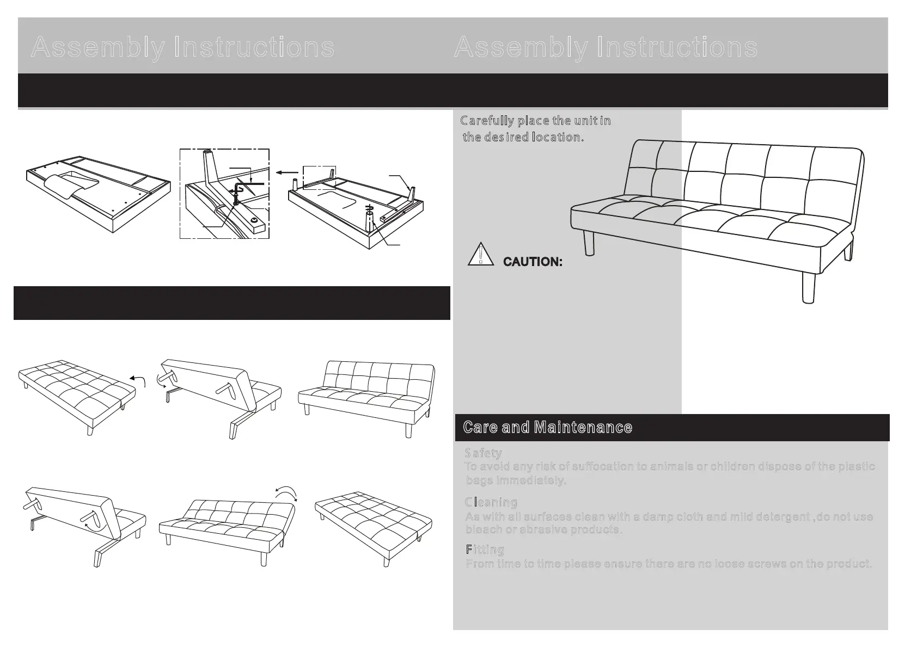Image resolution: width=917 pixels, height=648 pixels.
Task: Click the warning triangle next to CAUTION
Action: pyautogui.click(x=480, y=255)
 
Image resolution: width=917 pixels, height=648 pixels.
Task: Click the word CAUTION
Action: pyautogui.click(x=533, y=262)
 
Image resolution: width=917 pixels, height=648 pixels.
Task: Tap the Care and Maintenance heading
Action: pyautogui.click(x=547, y=428)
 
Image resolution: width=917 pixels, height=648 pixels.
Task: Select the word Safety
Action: pyautogui.click(x=483, y=453)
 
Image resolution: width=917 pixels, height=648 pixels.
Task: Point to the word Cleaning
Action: pyautogui.click(x=491, y=502)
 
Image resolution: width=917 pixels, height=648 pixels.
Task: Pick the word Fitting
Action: pyautogui.click(x=485, y=550)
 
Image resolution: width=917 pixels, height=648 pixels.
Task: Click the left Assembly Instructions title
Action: pyautogui.click(x=183, y=47)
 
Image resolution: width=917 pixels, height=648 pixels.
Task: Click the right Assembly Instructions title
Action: pyautogui.click(x=606, y=47)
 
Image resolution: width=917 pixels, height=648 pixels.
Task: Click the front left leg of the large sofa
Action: pyautogui.click(x=588, y=242)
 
